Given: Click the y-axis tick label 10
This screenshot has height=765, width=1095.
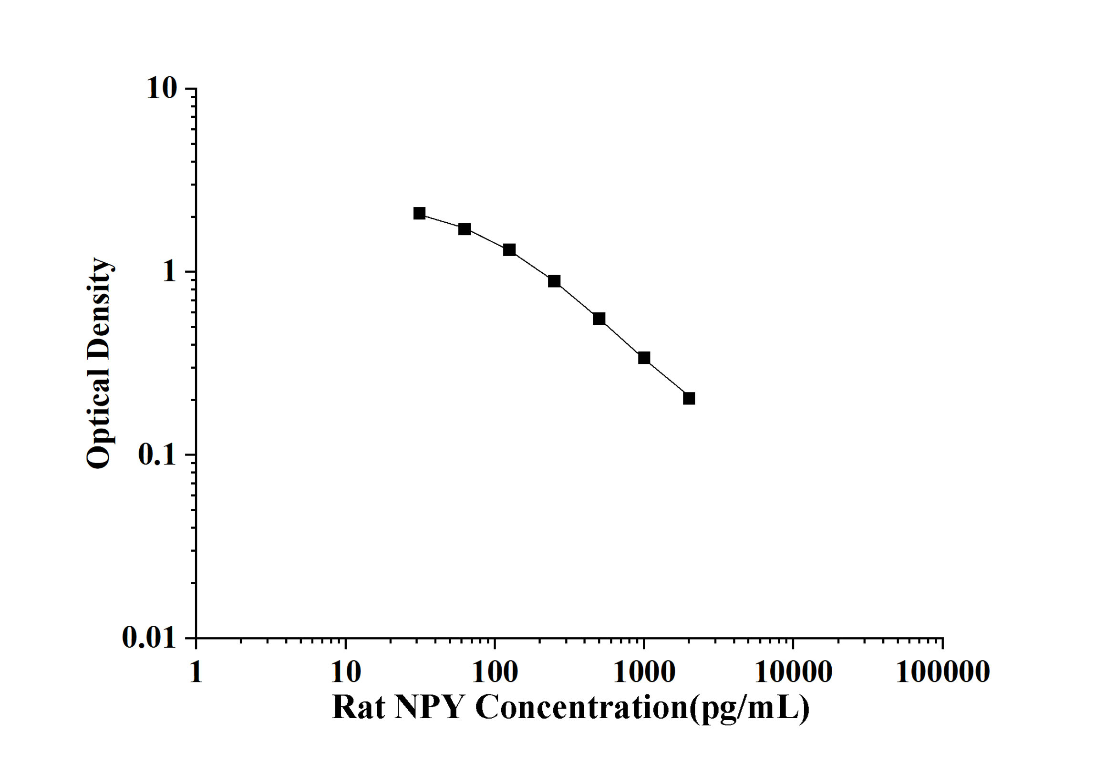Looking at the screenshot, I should pos(162,89).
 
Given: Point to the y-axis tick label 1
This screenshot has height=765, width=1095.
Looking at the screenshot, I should pos(169,272).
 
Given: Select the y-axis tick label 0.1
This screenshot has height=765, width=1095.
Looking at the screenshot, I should pos(157,455).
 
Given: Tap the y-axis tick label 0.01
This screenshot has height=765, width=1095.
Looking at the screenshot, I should pos(149,638).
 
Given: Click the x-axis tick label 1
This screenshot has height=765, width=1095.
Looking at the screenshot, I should pos(196,672).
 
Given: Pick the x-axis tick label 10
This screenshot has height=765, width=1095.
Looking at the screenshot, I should pos(345,672).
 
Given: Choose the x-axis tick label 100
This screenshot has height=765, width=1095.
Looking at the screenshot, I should pos(495,672).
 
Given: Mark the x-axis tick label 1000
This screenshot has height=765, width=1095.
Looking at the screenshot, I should pos(644,672).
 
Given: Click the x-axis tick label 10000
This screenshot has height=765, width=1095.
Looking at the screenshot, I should pos(793,672).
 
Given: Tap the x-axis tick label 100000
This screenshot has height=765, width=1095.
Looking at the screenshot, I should pos(942,672).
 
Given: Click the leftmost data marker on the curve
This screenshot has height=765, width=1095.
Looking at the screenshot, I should pos(419,213).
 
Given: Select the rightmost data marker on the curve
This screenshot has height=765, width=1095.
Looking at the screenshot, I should pos(689,398).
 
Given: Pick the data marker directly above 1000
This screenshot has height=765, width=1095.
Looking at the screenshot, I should pos(644,358).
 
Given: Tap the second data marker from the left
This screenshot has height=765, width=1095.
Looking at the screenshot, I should pos(465,229).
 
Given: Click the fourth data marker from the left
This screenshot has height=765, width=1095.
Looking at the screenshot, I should pos(554,281).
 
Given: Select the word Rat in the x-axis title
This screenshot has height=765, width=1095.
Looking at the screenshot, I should pos(358,707).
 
